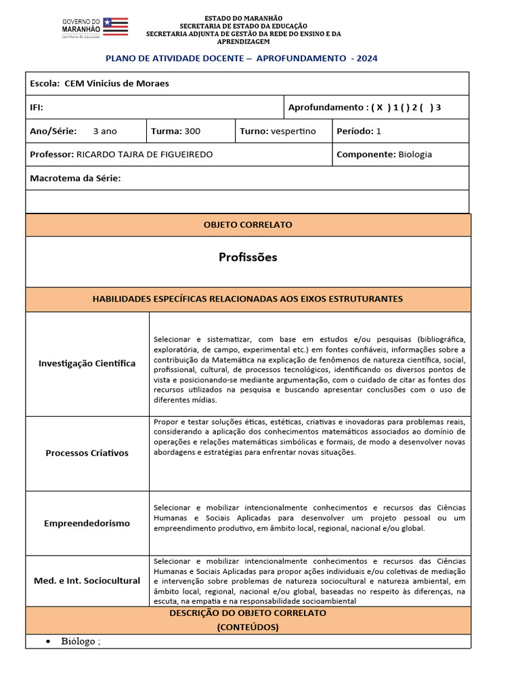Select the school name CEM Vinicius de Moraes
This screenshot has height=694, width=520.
point(116,83)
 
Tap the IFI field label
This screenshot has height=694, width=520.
point(37,107)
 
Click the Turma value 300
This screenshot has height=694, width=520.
point(192,131)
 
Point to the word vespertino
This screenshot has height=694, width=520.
point(292,131)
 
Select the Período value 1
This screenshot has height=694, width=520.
point(378,131)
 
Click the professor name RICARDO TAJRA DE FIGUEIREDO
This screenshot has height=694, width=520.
point(144,155)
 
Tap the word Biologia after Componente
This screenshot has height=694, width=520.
point(415,155)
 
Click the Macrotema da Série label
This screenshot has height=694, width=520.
point(75,178)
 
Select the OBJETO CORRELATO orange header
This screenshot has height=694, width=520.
point(248,224)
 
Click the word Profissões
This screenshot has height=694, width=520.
point(248,258)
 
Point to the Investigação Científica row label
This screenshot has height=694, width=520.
point(87,363)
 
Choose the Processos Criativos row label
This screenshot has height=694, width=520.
point(87,453)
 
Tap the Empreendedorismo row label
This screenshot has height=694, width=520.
point(87,523)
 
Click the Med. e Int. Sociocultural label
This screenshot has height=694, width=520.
point(87,581)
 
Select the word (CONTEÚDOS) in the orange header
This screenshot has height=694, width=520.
point(248,627)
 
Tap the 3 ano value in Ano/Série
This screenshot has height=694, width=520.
point(105,131)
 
